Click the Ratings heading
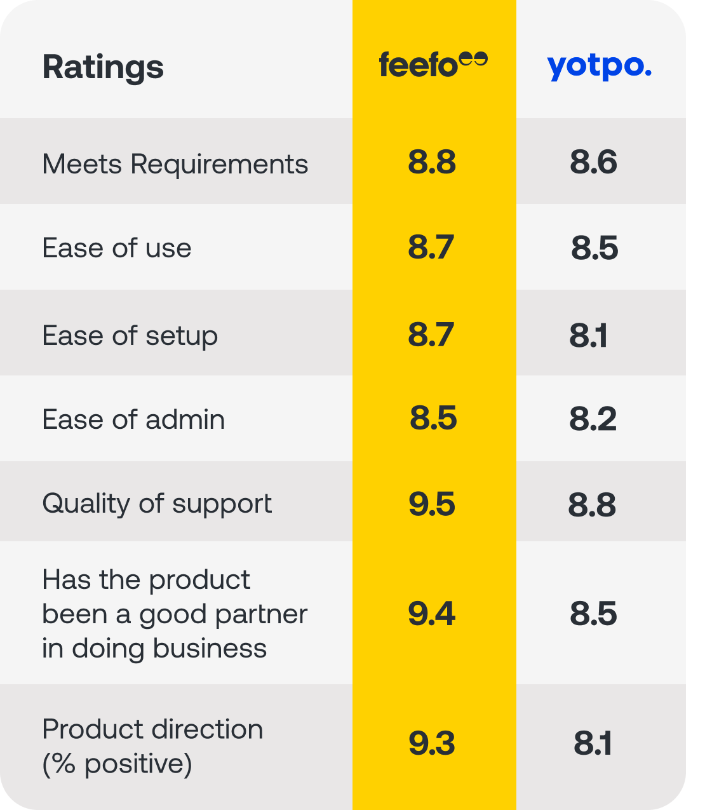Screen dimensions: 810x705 (x=103, y=67)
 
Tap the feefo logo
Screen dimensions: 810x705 (x=433, y=65)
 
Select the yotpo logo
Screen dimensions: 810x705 (x=599, y=66)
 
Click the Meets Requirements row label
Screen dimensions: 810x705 (x=175, y=164)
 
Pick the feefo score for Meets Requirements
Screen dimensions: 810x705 (x=432, y=162)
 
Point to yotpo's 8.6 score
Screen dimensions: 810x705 (x=593, y=162)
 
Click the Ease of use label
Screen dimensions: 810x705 (x=116, y=248)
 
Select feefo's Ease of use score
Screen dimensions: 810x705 (x=431, y=247)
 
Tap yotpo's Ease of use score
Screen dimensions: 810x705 (x=594, y=248)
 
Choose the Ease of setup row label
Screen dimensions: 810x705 (x=130, y=335)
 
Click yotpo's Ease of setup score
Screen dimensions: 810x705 (x=588, y=335)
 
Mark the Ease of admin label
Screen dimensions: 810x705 (x=133, y=419)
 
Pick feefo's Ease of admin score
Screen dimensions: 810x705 (x=433, y=418)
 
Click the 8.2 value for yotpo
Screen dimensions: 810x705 (x=593, y=419)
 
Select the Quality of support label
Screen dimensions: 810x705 (x=157, y=504)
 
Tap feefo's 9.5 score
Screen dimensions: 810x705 (x=432, y=504)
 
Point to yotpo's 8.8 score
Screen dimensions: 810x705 (x=592, y=504)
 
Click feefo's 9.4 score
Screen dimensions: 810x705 (x=432, y=614)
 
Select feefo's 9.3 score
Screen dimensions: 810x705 (x=432, y=743)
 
